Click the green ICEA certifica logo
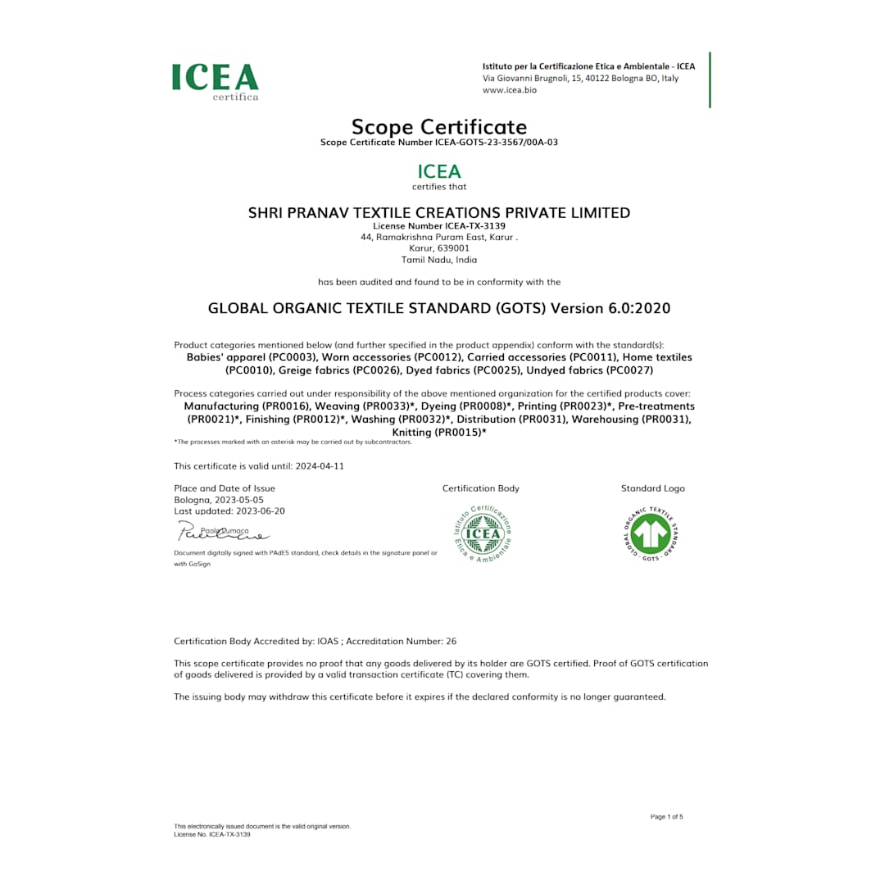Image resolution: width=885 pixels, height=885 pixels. (x=215, y=81)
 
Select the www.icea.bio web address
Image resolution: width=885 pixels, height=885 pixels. (x=509, y=90)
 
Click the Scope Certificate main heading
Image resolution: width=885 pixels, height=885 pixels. (x=439, y=127)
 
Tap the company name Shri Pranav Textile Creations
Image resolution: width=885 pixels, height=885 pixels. (x=439, y=213)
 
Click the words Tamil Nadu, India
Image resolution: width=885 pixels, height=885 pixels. (x=439, y=260)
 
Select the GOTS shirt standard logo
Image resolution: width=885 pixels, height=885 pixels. (x=651, y=533)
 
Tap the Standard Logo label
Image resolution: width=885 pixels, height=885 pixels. (x=652, y=488)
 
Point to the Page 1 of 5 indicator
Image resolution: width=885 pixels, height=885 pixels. (x=666, y=817)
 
